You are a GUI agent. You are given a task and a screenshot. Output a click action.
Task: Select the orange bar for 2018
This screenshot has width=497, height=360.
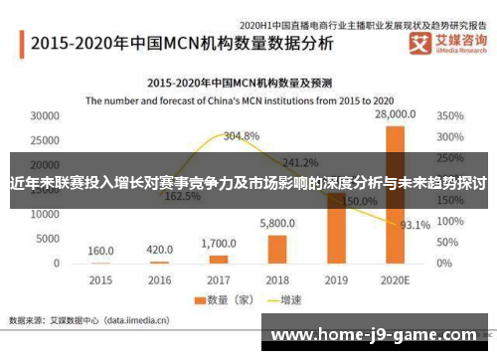click(x=277, y=249)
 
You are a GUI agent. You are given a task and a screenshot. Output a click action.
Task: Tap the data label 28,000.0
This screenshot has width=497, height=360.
click(x=395, y=116)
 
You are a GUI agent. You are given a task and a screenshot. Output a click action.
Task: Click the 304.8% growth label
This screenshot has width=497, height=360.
click(x=242, y=135)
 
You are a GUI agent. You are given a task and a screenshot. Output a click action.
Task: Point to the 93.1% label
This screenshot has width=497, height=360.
click(x=414, y=225)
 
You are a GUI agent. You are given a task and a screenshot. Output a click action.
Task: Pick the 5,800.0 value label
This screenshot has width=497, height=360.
click(x=277, y=225)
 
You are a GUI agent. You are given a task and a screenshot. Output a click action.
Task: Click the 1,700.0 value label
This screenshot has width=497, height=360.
click(x=218, y=243)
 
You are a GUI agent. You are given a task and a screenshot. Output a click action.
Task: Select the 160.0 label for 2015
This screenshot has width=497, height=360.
click(x=100, y=251)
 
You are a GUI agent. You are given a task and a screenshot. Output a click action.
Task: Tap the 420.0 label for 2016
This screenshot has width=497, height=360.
click(x=159, y=250)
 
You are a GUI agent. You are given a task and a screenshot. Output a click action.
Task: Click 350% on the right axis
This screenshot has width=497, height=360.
click(x=450, y=116)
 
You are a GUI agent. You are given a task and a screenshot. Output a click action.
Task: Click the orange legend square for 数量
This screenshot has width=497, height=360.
click(x=199, y=299)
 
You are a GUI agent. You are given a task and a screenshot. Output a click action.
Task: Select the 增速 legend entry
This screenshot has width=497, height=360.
click(x=282, y=299)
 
